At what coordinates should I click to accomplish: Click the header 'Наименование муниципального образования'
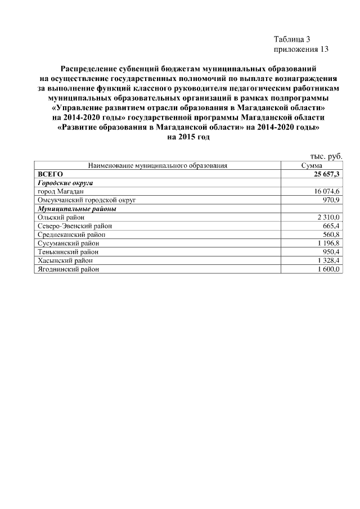pos(157,166)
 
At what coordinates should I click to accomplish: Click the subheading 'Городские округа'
pos(65,183)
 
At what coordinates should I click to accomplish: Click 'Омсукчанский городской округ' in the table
pos(87,200)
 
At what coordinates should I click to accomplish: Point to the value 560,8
pos(331,234)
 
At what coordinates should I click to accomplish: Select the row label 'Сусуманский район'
pos(67,243)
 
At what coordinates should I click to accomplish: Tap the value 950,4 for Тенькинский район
pos(331,251)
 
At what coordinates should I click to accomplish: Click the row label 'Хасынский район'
pos(64,260)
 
